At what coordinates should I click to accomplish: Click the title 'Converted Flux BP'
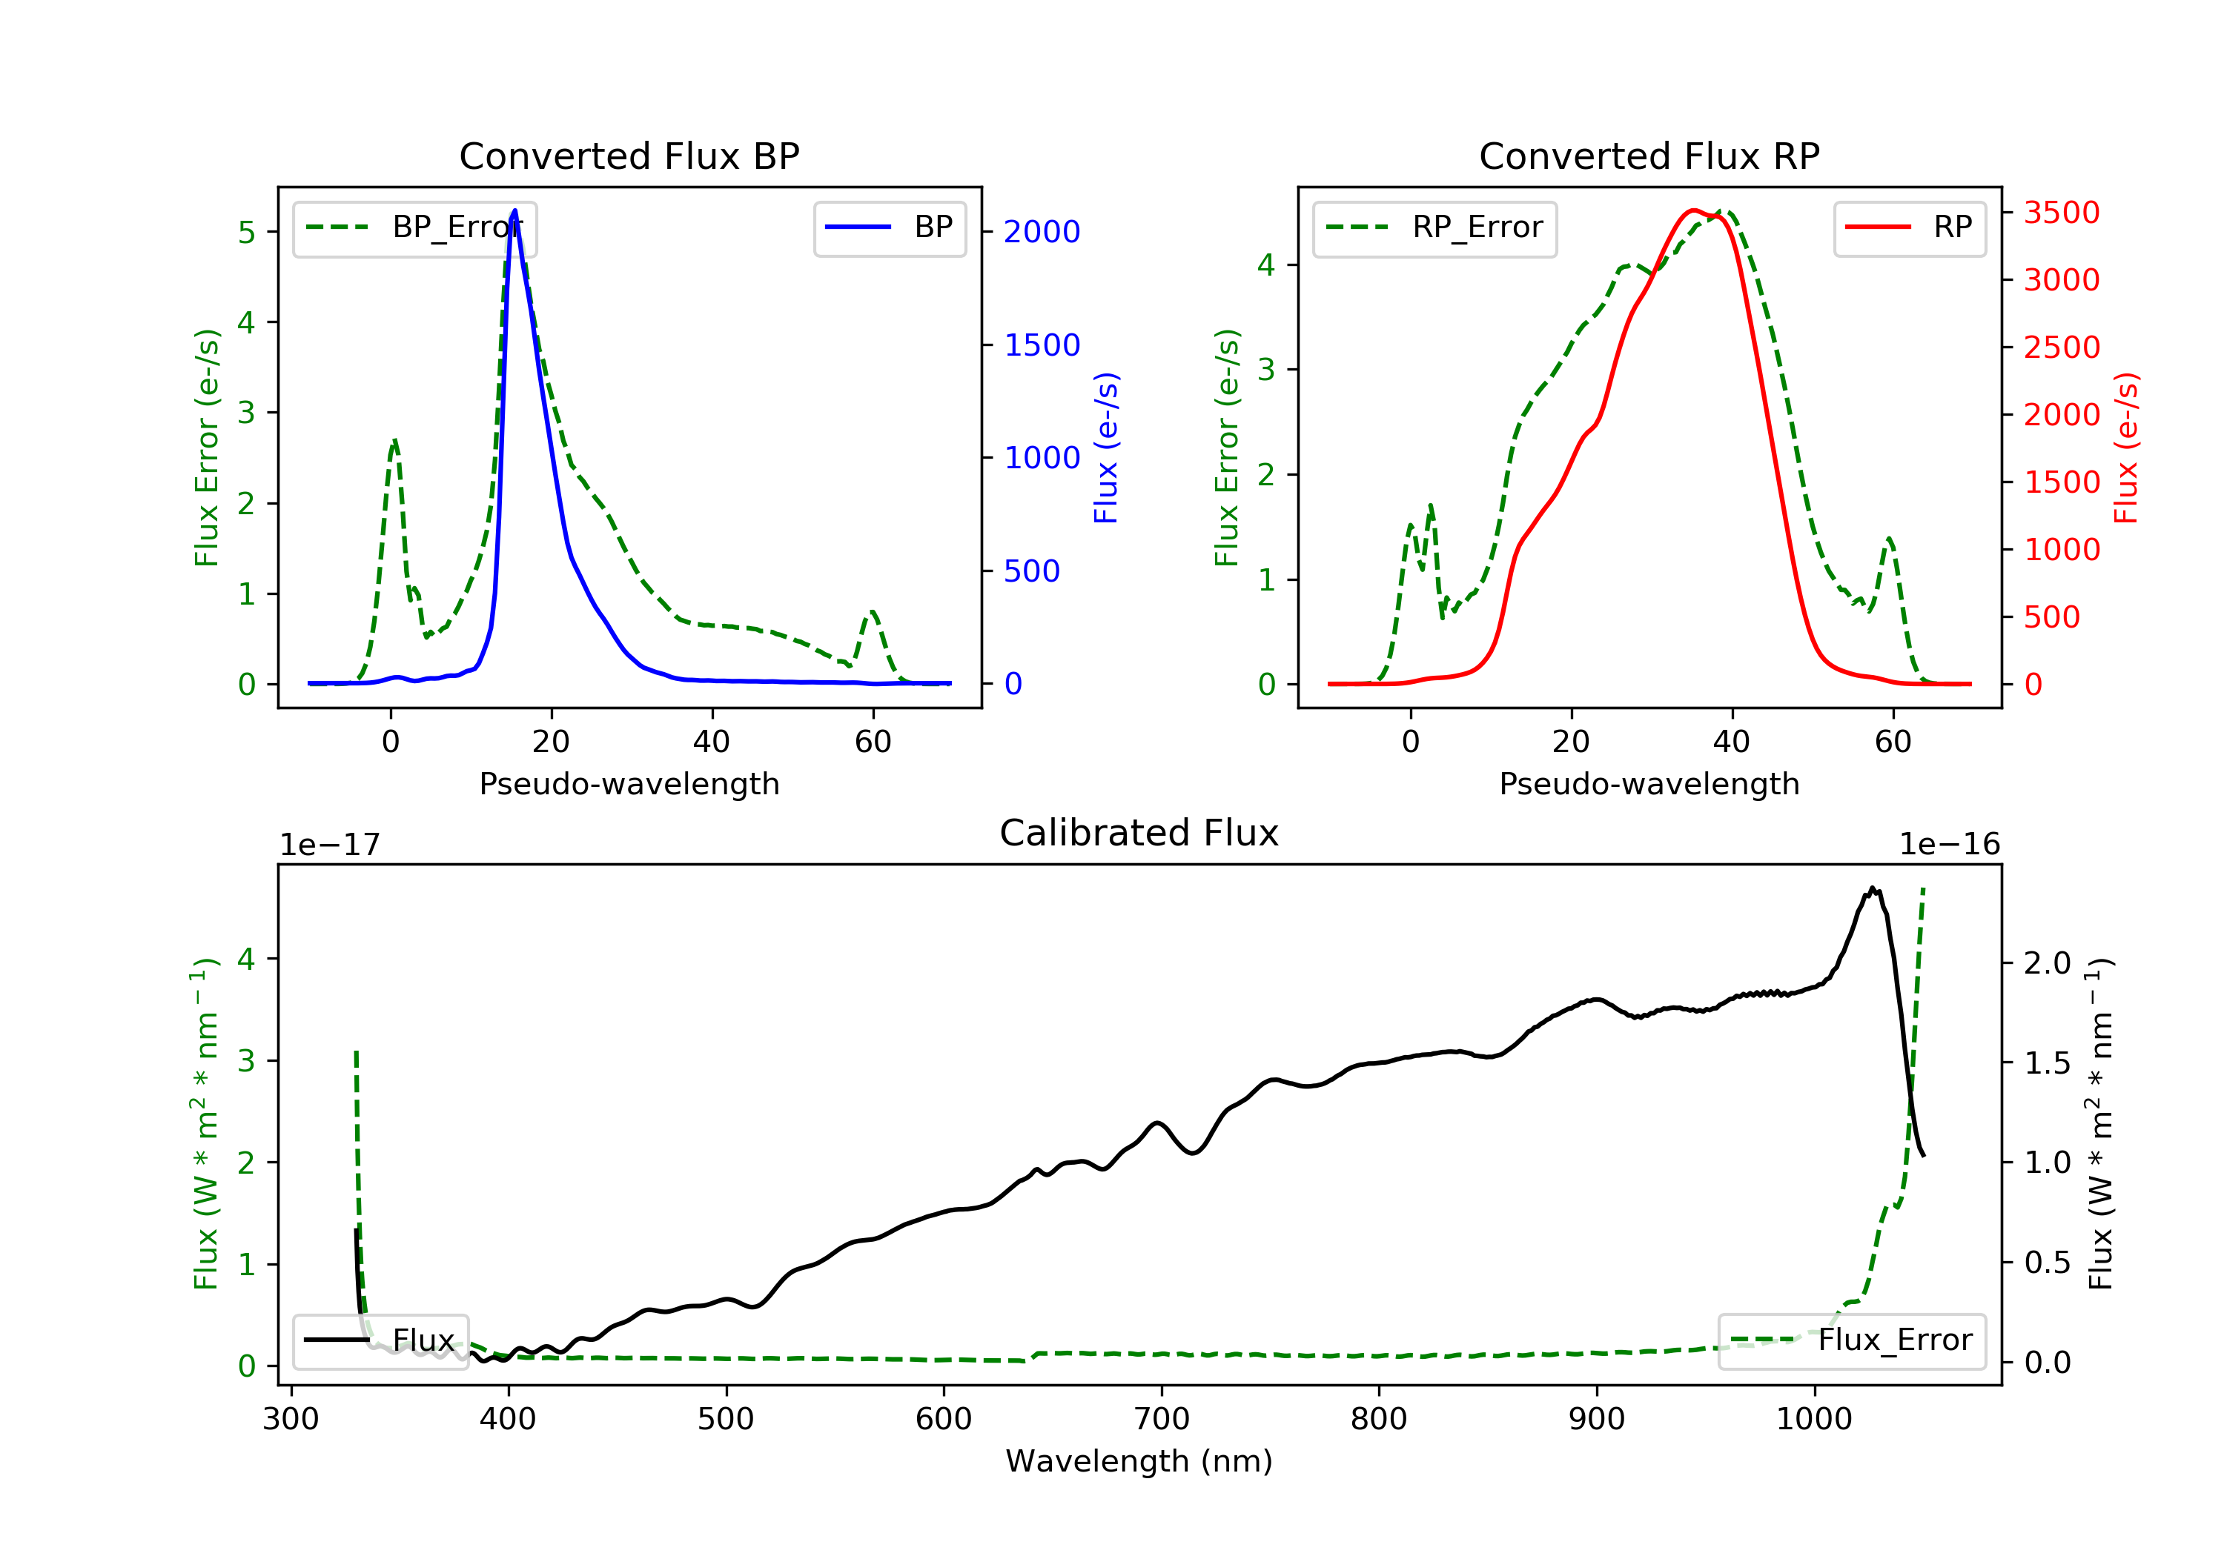click(x=629, y=156)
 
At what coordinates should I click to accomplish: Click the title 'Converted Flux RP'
click(x=1649, y=156)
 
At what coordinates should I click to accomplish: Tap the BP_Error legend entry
click(x=414, y=228)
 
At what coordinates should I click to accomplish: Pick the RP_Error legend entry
click(x=1434, y=228)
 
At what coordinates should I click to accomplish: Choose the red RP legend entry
click(x=1909, y=228)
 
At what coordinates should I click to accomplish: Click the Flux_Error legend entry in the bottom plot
click(x=1851, y=1340)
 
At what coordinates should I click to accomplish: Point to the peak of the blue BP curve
click(x=514, y=210)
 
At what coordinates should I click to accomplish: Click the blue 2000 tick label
click(x=1042, y=233)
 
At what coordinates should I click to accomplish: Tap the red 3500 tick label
click(x=2061, y=213)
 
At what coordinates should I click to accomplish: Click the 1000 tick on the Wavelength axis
click(x=1813, y=1420)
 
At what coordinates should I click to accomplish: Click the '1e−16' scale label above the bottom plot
click(x=1949, y=845)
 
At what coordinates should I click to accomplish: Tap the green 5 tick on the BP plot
click(x=247, y=233)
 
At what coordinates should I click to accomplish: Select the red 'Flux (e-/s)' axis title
click(x=2125, y=448)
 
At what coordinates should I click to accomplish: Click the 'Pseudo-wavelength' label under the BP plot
click(x=629, y=783)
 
